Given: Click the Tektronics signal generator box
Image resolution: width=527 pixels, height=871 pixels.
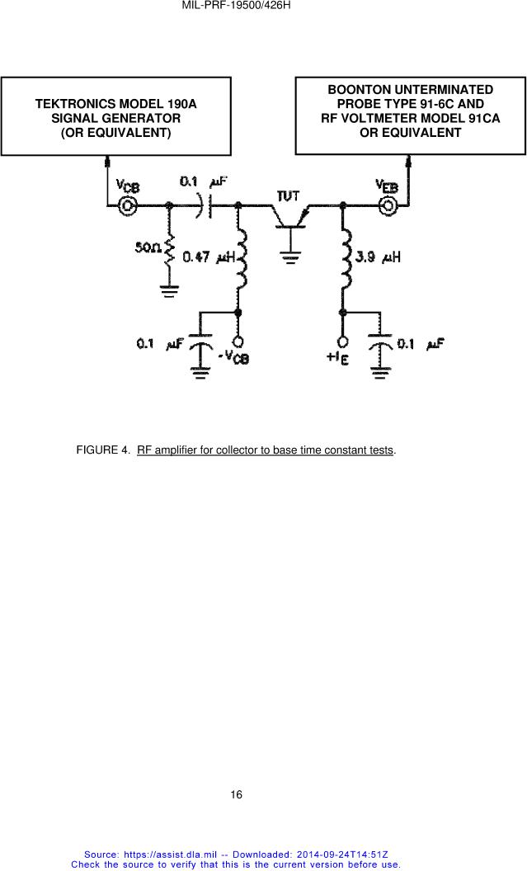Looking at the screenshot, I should [115, 117].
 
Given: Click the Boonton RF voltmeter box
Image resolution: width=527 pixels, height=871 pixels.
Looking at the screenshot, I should [410, 115].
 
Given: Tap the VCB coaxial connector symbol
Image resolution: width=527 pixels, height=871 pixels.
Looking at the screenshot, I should [128, 207].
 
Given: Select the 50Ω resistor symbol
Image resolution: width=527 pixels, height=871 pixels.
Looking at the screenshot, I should [169, 248].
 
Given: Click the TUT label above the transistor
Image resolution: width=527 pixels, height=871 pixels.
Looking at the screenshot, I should [289, 195].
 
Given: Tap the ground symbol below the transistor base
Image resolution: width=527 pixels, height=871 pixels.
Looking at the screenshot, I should [290, 257].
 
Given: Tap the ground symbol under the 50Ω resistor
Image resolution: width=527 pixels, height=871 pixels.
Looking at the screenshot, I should [169, 290].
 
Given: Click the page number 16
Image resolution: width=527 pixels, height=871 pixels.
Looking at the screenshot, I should [236, 795].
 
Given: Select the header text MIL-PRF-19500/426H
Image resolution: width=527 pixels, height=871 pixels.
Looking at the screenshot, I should [238, 7].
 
